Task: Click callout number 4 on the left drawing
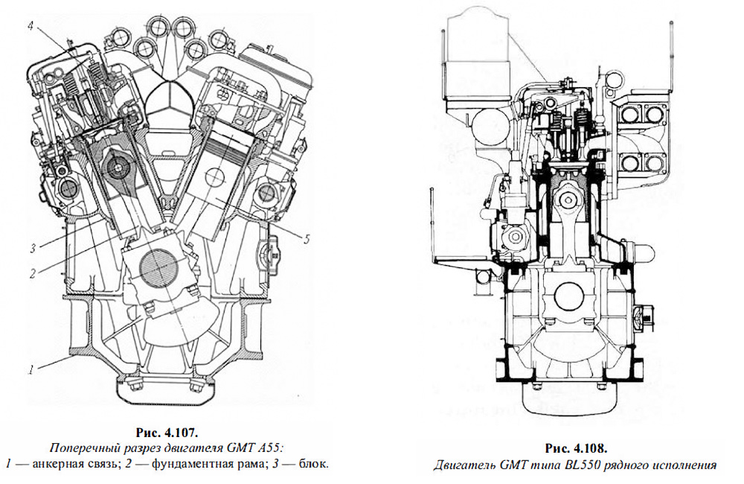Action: pos(31,25)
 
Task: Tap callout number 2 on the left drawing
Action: pos(33,272)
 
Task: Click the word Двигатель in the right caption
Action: pos(464,465)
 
